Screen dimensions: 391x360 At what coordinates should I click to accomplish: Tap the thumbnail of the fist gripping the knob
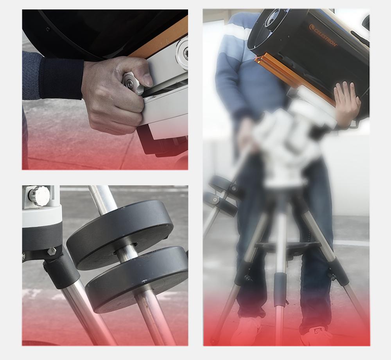click(105, 90)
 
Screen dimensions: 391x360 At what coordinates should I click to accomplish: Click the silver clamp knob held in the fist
click(132, 82)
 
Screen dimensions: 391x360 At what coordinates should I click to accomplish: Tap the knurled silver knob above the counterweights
click(39, 196)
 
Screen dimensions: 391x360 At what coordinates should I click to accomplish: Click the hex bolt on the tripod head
click(52, 251)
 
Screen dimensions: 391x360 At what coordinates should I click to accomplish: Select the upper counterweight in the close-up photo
click(120, 234)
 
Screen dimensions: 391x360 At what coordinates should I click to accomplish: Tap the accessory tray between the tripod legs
click(287, 246)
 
